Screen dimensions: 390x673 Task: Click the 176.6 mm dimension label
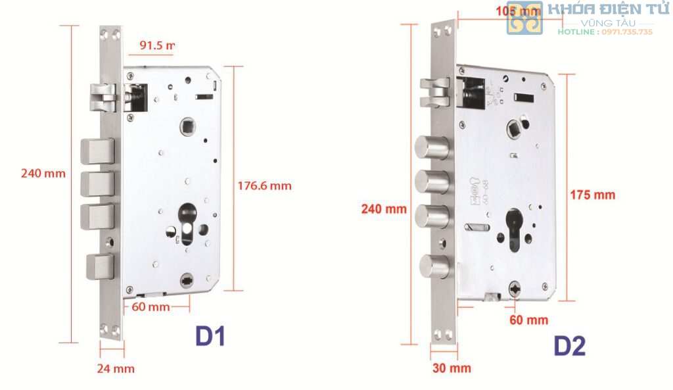tap(264, 186)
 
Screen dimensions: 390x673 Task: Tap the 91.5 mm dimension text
tap(157, 45)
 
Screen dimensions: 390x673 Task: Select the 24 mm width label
tap(115, 368)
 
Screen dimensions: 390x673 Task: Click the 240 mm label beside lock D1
tap(43, 174)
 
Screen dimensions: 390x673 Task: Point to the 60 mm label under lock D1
tap(151, 307)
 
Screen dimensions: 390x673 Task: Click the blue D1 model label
tap(210, 336)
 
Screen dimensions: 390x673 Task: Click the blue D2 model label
tap(569, 345)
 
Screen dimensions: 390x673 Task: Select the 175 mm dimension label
tap(593, 195)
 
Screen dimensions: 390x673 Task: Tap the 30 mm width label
tap(452, 368)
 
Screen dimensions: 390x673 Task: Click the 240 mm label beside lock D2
tap(384, 209)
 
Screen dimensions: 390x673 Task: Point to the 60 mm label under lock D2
tap(528, 320)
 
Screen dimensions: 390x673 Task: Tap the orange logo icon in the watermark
tap(524, 18)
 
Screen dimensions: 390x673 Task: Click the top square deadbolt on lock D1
tap(97, 151)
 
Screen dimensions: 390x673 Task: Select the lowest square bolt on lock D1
tap(101, 266)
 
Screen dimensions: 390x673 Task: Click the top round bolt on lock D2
tap(431, 147)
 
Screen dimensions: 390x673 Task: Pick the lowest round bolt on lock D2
tap(434, 266)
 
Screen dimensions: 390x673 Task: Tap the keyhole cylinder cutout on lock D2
tap(514, 230)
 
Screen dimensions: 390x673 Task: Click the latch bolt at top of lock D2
tap(434, 91)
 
